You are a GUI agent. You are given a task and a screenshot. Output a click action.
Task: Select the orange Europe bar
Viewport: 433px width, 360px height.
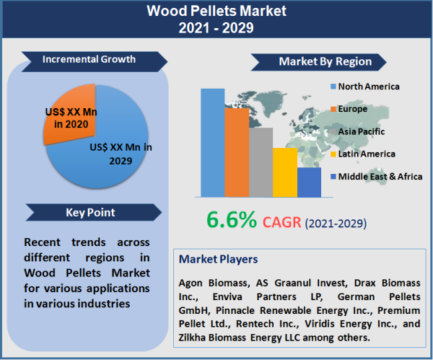[x=237, y=152]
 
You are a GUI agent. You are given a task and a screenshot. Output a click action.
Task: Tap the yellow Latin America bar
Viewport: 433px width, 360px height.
[x=284, y=172]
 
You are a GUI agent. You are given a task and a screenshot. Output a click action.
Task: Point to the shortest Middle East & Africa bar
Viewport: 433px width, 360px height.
[x=309, y=182]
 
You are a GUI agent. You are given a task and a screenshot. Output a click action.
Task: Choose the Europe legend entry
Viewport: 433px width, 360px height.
[x=351, y=109]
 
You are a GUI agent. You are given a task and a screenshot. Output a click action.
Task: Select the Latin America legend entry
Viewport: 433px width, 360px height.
[x=366, y=154]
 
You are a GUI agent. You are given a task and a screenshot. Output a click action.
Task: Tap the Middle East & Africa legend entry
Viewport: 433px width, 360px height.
[x=375, y=176]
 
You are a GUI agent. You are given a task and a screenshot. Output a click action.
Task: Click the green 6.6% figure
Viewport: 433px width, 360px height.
[x=230, y=219]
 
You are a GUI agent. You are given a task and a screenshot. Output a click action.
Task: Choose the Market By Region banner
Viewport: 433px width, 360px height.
[x=325, y=61]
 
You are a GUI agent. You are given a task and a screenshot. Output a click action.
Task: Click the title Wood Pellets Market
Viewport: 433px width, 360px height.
[x=216, y=12]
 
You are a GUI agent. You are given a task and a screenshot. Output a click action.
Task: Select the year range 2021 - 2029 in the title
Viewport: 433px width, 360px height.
[x=216, y=29]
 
